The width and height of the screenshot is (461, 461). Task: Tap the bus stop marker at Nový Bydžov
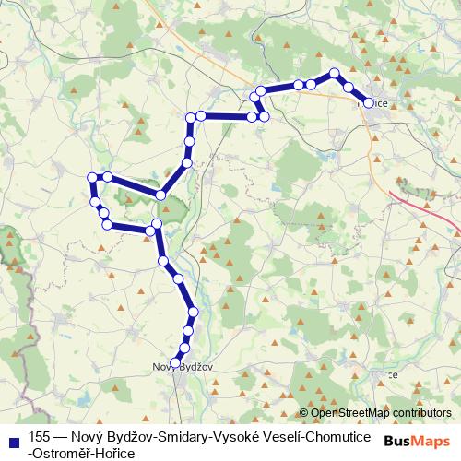pyautogui.click(x=175, y=362)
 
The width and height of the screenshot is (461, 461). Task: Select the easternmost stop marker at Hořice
pyautogui.click(x=369, y=103)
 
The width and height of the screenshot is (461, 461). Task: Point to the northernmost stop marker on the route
pyautogui.click(x=335, y=73)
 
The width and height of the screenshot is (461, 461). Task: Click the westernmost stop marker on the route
pyautogui.click(x=91, y=177)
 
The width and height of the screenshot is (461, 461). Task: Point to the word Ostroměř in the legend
pyautogui.click(x=67, y=452)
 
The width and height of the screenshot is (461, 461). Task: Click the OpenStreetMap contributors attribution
pyautogui.click(x=377, y=412)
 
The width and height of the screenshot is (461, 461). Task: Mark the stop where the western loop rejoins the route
pyautogui.click(x=161, y=195)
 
